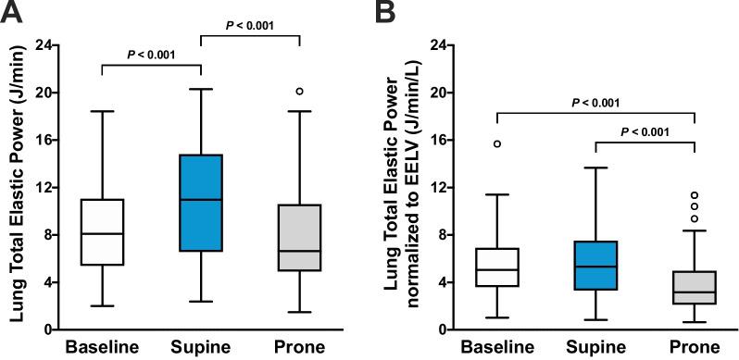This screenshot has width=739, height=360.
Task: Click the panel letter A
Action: pyautogui.click(x=12, y=13)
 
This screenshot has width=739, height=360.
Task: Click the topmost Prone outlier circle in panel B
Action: pyautogui.click(x=695, y=195)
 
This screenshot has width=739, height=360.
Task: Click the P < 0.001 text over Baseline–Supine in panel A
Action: pyautogui.click(x=152, y=55)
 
